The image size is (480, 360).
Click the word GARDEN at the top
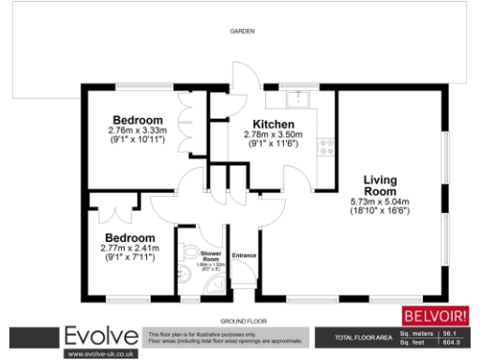[243, 32]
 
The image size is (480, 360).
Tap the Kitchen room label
[274, 125]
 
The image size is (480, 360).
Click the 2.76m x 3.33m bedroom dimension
[137, 131]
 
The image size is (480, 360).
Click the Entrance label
[245, 253]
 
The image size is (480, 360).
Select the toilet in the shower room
[187, 252]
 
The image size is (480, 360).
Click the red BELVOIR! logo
[434, 315]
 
